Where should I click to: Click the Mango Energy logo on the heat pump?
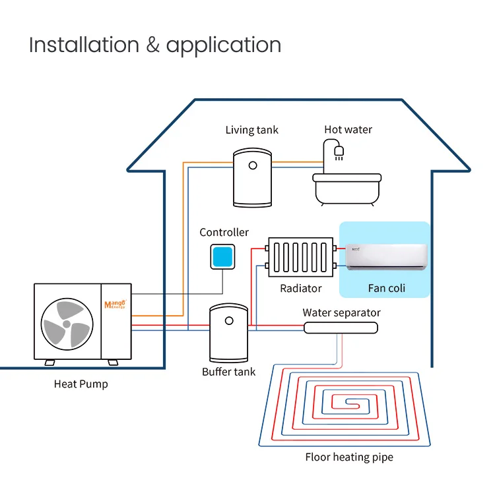point(115,305)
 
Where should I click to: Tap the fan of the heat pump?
point(67,324)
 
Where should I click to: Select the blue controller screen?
point(222,256)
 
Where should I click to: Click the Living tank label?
point(251,130)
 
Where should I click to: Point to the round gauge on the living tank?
point(253,165)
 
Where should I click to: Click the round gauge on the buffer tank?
point(229,321)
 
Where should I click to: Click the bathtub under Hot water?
point(347,189)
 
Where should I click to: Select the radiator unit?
point(301,257)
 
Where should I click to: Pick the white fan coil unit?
point(386,257)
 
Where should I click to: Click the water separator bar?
point(341,328)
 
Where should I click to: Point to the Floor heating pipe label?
point(349,457)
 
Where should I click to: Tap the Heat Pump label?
point(81,384)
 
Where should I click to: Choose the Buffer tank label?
point(229,372)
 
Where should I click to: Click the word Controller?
point(224,232)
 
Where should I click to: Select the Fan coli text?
point(386,288)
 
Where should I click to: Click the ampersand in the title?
point(152,45)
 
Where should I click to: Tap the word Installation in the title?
point(84,45)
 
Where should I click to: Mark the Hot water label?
point(348,129)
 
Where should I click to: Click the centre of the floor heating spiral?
point(350,405)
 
